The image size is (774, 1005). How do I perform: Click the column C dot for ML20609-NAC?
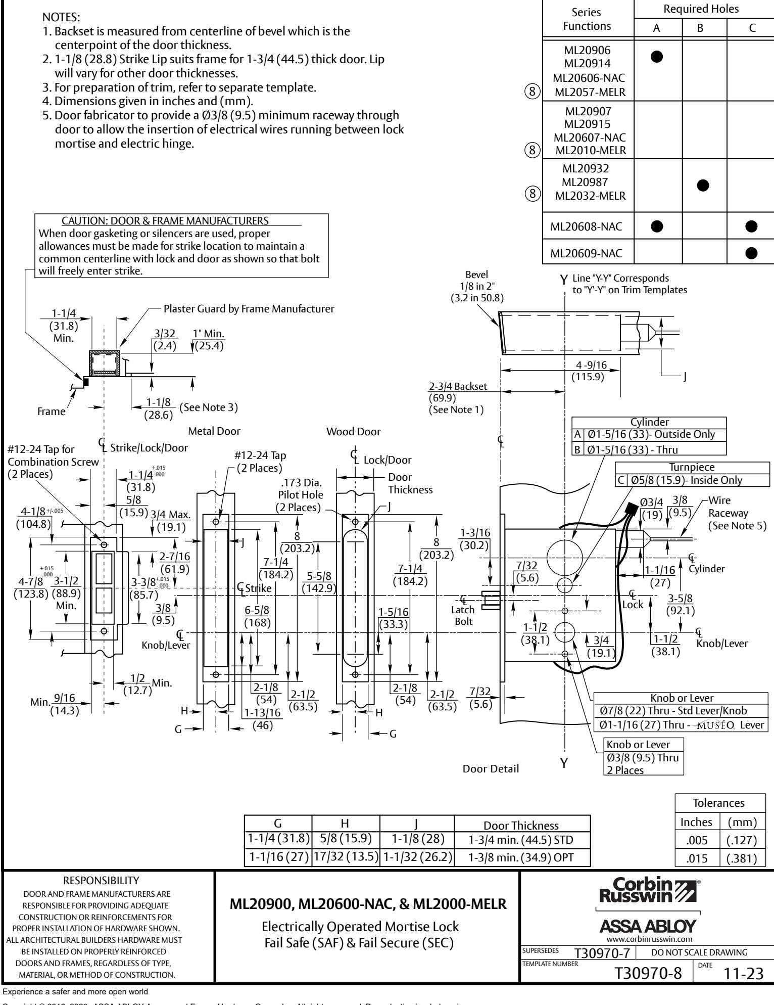point(751,253)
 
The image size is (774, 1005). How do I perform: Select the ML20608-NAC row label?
point(587,228)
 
